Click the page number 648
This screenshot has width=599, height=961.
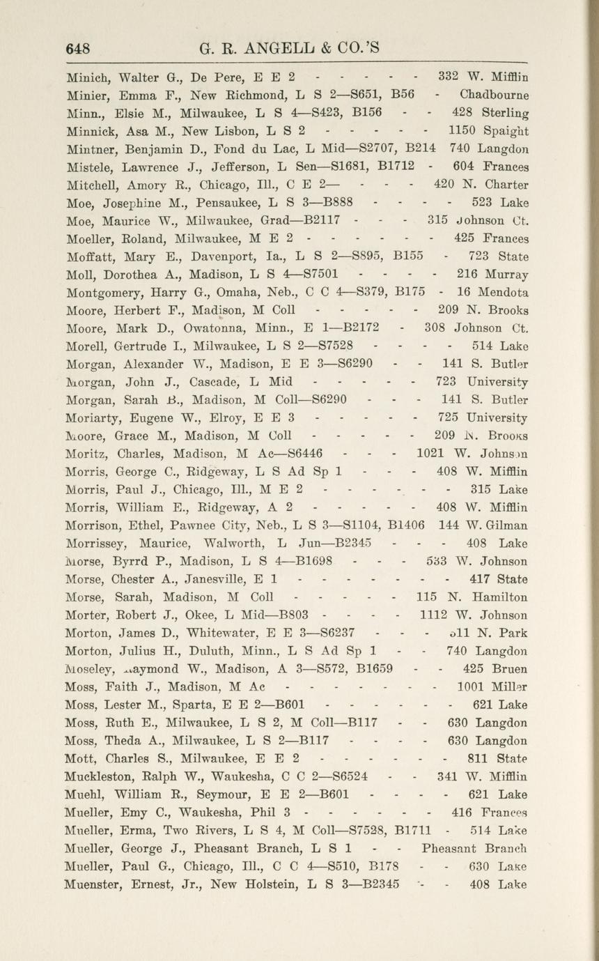[79, 48]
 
